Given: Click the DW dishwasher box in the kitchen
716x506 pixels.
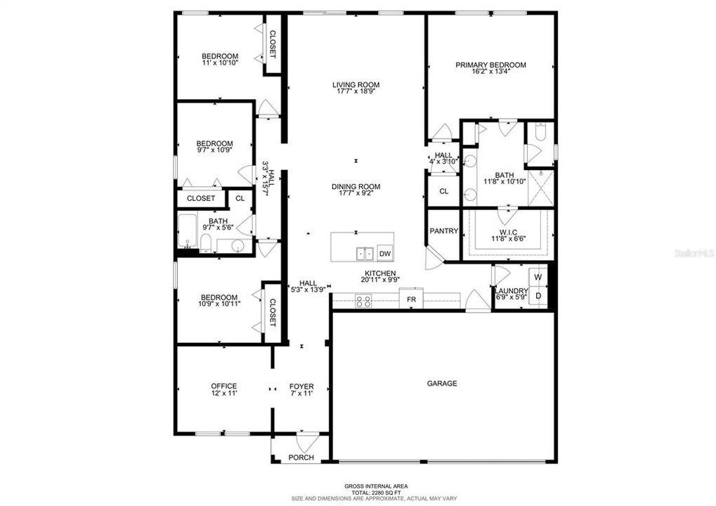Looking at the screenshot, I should click(x=384, y=254).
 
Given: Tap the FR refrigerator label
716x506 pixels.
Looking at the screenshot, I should click(x=411, y=300).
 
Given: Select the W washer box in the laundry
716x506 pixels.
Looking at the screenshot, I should click(x=538, y=277).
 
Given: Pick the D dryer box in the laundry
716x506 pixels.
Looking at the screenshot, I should click(x=538, y=296).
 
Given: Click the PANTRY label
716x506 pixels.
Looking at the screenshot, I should click(x=444, y=231).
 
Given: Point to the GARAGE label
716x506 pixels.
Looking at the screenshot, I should click(x=442, y=384).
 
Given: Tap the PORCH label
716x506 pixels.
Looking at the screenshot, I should click(x=301, y=458).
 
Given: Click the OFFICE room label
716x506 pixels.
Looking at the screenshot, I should click(x=224, y=386).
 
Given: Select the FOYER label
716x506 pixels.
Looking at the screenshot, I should click(x=301, y=387).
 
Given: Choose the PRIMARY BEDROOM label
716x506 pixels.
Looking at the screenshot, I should click(x=490, y=65).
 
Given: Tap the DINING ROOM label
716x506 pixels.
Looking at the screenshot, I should click(x=356, y=187).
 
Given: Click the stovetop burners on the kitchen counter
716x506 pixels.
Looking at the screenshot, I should click(x=364, y=301).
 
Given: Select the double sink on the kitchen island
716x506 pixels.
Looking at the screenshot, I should click(x=364, y=253).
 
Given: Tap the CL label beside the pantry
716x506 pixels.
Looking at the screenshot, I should click(x=444, y=191).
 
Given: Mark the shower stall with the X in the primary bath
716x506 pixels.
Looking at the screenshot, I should click(x=540, y=188).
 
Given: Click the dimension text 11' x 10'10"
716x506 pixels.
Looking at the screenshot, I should click(x=220, y=63).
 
